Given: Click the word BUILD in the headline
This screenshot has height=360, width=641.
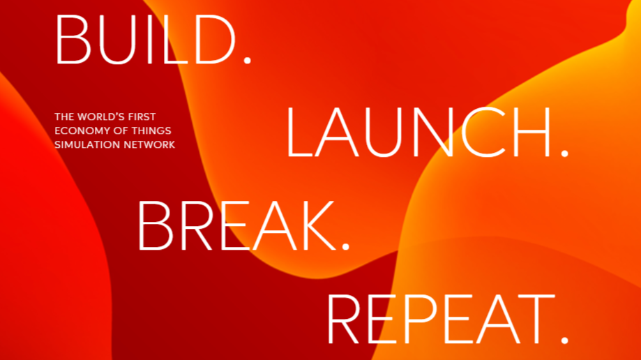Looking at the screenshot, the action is (146, 40).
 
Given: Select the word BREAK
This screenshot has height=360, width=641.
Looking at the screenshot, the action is (237, 225).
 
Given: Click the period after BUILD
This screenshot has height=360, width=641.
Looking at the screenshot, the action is (247, 61).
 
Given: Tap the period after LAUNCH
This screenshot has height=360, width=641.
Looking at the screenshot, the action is (564, 153).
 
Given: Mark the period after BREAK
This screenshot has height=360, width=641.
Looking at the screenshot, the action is (346, 246).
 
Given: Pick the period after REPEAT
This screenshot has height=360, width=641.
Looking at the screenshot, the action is (564, 340).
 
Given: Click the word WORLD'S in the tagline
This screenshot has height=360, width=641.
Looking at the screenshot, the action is (101, 117).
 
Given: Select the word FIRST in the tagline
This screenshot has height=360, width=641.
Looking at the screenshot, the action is (142, 117).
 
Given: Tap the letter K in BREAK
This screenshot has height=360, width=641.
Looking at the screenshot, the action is (319, 225).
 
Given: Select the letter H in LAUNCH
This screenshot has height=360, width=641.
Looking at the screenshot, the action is (534, 133).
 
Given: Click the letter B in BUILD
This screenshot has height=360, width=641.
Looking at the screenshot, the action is (73, 40).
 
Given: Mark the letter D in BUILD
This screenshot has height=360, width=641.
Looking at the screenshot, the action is (216, 40).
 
